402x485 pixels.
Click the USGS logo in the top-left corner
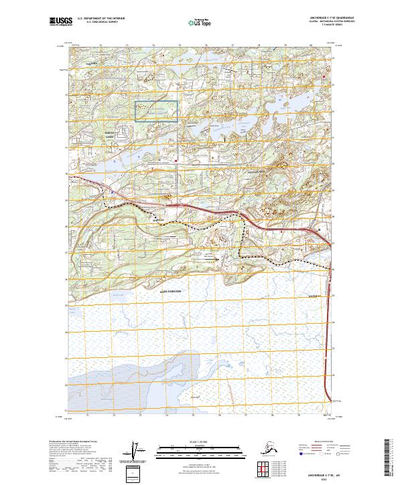[x=61, y=22]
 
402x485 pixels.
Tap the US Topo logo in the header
[x=200, y=23]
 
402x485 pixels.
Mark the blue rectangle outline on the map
[x=157, y=111]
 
